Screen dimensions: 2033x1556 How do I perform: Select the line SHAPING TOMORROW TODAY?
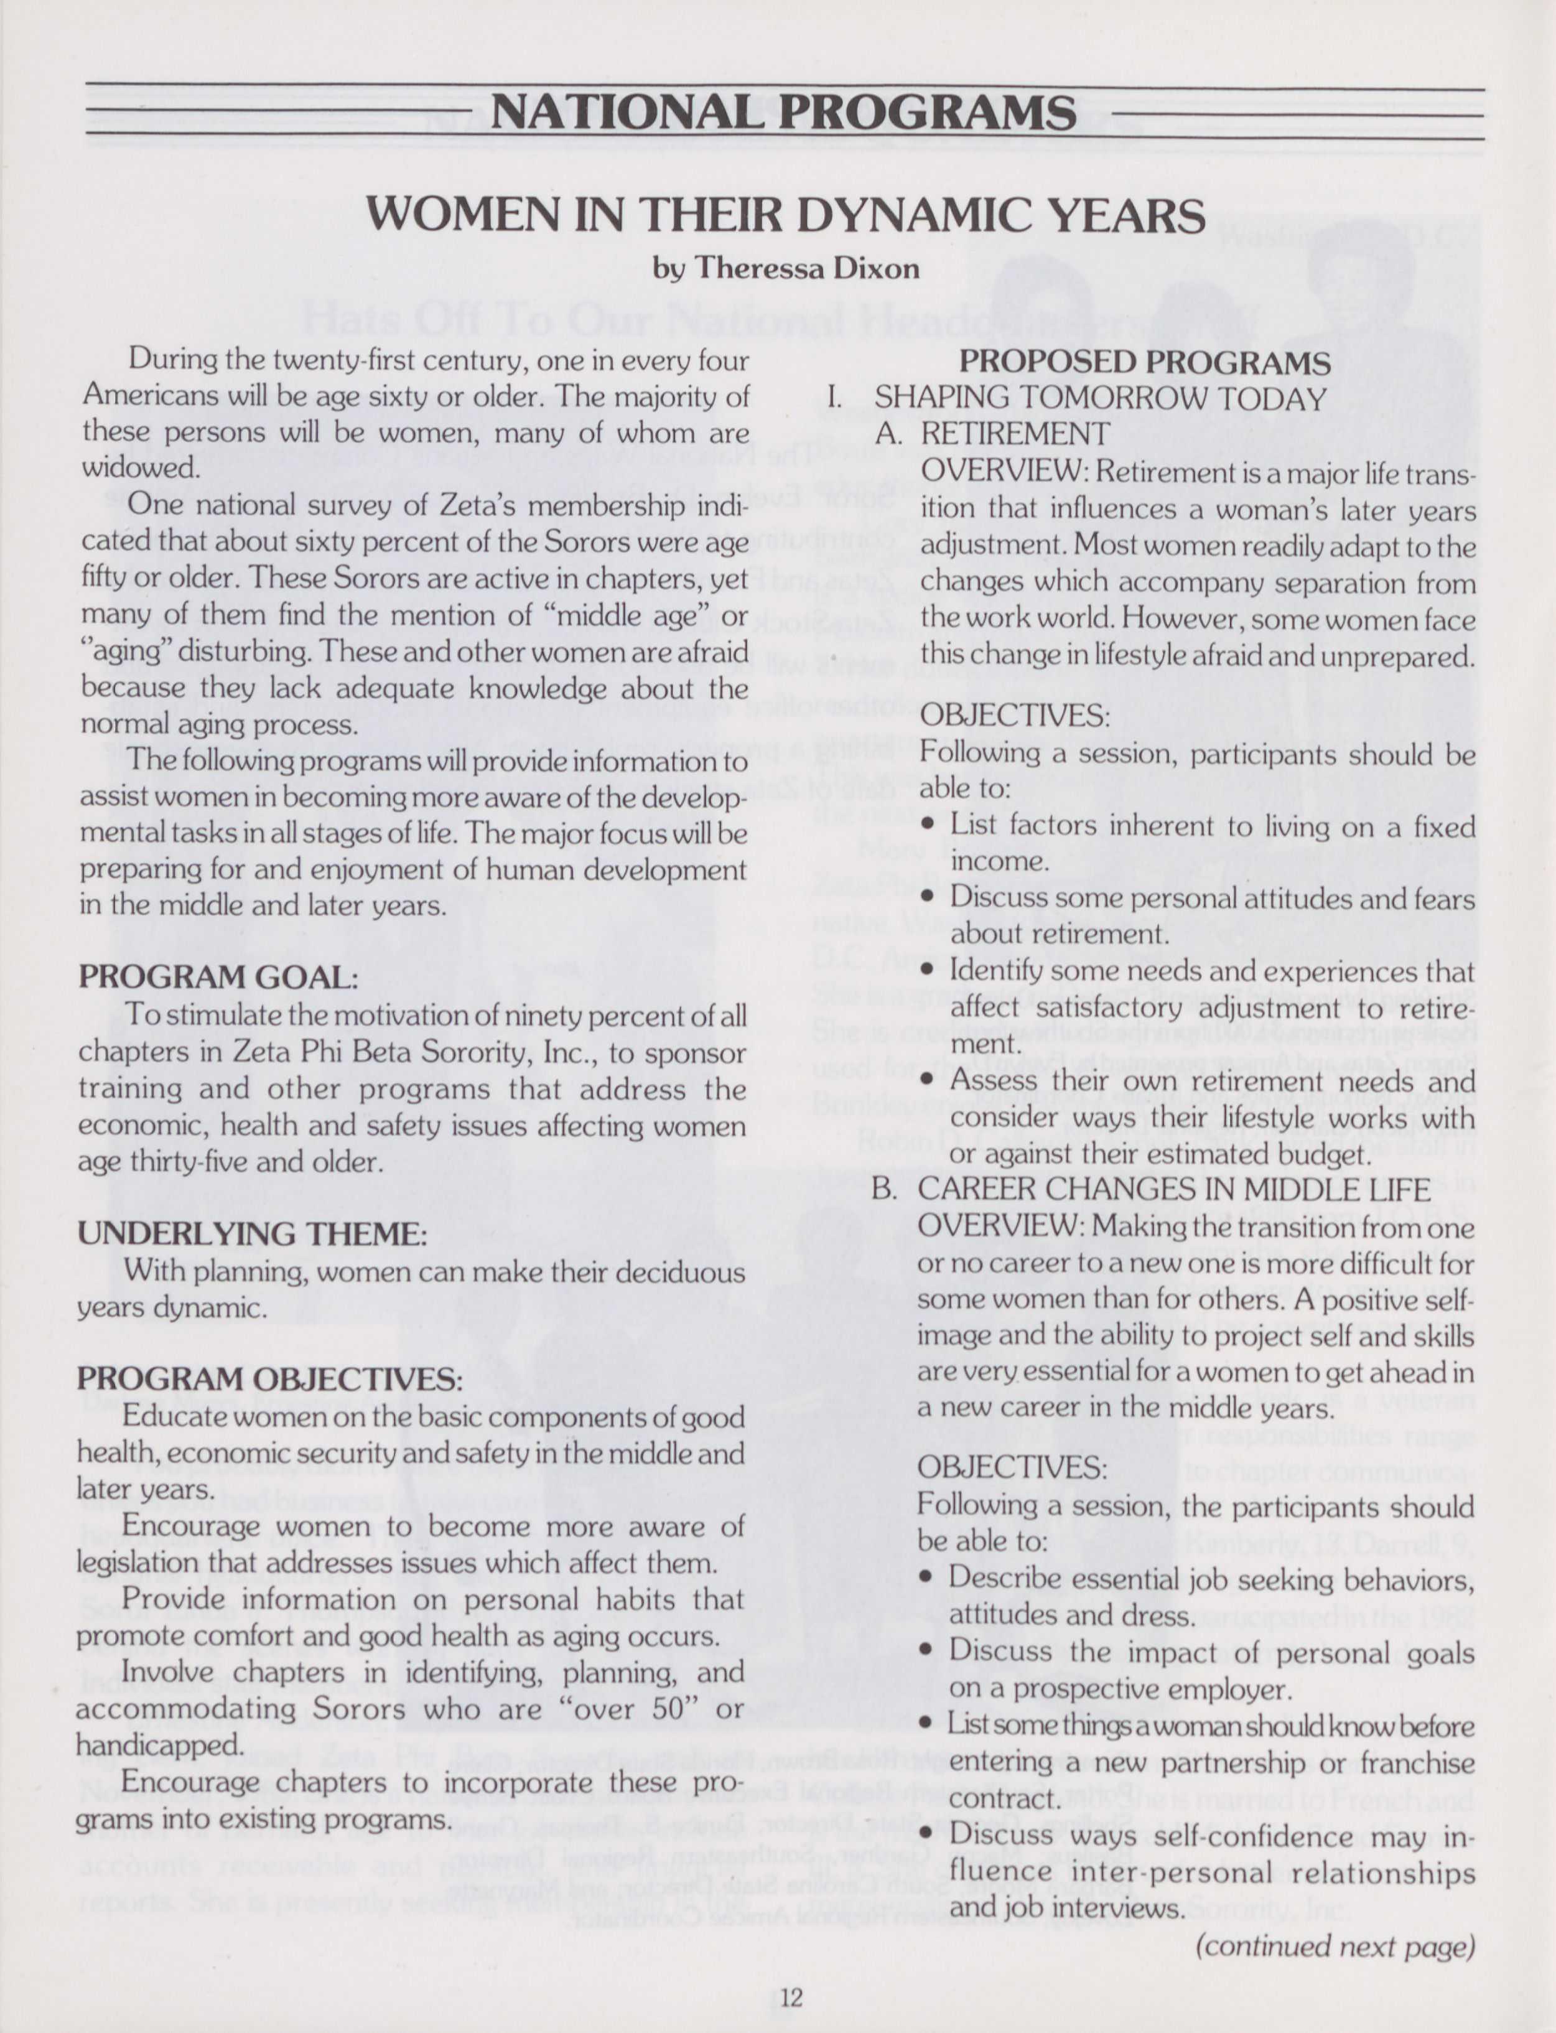[x=1101, y=398]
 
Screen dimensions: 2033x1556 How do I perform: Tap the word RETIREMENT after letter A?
[x=1015, y=434]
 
